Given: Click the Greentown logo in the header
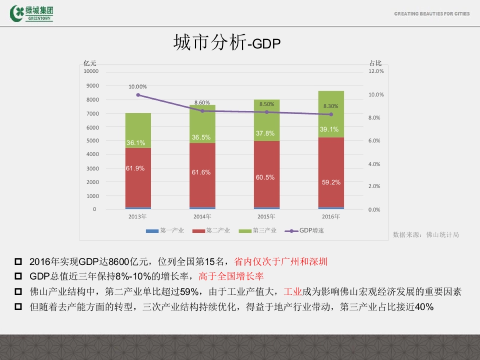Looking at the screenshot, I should pyautogui.click(x=32, y=13).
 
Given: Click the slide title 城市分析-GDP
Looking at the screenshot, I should pyautogui.click(x=227, y=42).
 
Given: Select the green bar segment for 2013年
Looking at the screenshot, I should pyautogui.click(x=138, y=130).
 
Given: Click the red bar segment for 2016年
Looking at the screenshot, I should pyautogui.click(x=331, y=172).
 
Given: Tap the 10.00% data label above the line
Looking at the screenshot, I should pyautogui.click(x=138, y=86).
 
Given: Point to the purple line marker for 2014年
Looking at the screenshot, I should pyautogui.click(x=202, y=111).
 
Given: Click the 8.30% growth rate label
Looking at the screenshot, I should pyautogui.click(x=331, y=106).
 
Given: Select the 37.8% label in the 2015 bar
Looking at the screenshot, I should pyautogui.click(x=265, y=133).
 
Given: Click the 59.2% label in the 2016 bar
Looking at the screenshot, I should pyautogui.click(x=331, y=182).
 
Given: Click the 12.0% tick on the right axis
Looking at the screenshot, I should pyautogui.click(x=376, y=71).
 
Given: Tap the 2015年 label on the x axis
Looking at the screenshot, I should pyautogui.click(x=266, y=217).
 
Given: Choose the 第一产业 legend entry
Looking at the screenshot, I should pyautogui.click(x=165, y=230).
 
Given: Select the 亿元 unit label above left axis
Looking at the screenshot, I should pyautogui.click(x=90, y=63).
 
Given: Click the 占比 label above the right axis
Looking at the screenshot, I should pyautogui.click(x=375, y=63).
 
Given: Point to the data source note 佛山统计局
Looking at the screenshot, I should pyautogui.click(x=426, y=235).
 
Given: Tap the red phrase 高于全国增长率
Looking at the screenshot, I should pyautogui.click(x=231, y=276).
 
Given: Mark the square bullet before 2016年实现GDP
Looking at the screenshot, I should pyautogui.click(x=18, y=262).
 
